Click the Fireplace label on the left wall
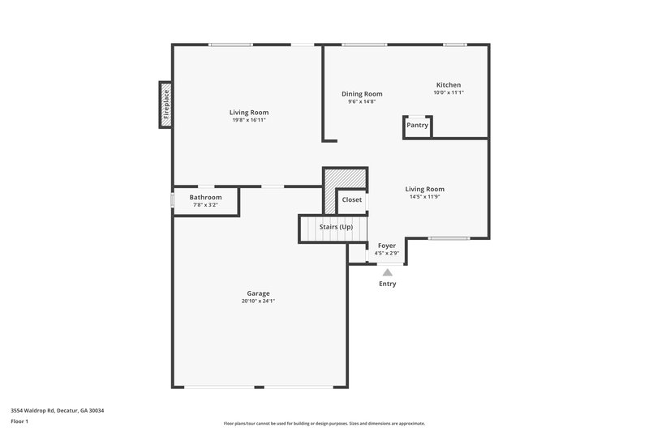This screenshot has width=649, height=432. click(x=166, y=105)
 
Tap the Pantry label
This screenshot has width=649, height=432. click(x=417, y=125)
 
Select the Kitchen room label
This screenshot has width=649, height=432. click(x=449, y=85)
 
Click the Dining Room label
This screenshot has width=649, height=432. click(x=361, y=94)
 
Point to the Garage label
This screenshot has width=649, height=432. click(x=258, y=293)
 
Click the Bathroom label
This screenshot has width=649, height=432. click(x=205, y=197)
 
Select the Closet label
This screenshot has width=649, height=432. click(x=352, y=199)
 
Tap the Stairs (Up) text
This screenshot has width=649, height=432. click(x=336, y=227)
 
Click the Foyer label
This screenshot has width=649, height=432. click(x=387, y=244)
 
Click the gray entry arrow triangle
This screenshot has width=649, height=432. click(x=388, y=273)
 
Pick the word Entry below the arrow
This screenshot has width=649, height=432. click(x=388, y=284)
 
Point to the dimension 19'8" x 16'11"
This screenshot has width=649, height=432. click(x=249, y=120)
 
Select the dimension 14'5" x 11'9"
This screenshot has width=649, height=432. click(x=425, y=197)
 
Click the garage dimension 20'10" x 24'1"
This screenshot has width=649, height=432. click(x=258, y=301)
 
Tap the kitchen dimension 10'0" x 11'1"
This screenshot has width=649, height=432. click(x=449, y=92)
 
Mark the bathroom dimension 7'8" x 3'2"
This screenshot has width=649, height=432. click(x=205, y=204)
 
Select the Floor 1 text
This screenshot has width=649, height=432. click(x=19, y=422)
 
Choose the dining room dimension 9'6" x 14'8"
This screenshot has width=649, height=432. click(x=361, y=101)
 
